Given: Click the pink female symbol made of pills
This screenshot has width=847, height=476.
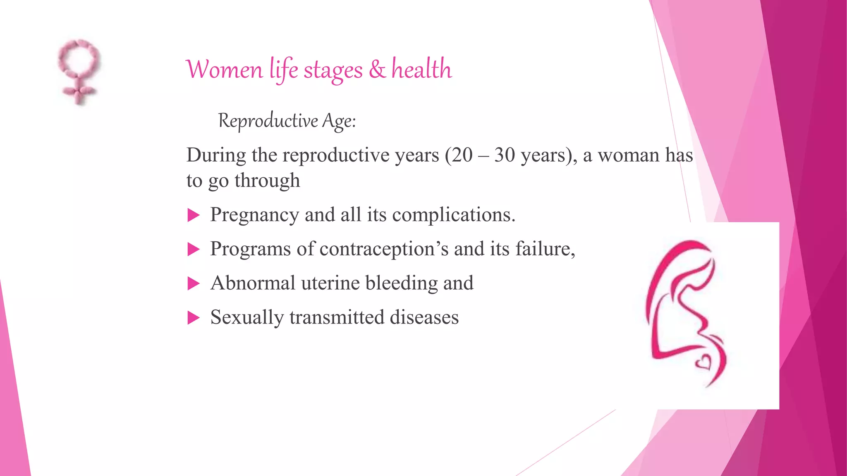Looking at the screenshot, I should click(x=79, y=71).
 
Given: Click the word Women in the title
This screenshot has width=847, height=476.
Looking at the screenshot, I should click(x=224, y=69).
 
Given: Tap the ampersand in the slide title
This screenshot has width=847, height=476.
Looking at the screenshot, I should click(x=377, y=69).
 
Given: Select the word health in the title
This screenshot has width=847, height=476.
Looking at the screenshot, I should click(x=421, y=69).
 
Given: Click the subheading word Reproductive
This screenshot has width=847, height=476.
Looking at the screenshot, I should click(x=268, y=121).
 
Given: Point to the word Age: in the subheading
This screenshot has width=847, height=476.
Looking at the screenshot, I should click(x=339, y=121).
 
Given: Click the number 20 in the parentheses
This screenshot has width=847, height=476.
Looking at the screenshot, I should click(x=462, y=155).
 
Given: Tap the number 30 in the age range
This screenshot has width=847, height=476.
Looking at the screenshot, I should click(x=504, y=155).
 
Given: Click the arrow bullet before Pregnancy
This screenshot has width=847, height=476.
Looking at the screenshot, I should click(x=193, y=215).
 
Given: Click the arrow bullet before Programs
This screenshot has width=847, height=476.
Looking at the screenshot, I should click(x=193, y=249).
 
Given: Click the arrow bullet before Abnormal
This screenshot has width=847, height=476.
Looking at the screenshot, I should click(x=193, y=283).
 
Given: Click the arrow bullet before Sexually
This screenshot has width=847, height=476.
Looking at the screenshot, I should click(x=193, y=318).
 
